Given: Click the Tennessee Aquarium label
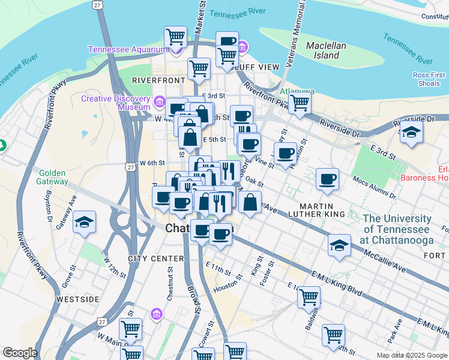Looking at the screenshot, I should [x=128, y=49].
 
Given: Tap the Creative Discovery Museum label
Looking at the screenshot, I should [x=115, y=103].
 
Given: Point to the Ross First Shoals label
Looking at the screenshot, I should [x=429, y=79].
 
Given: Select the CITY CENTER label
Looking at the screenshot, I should [x=155, y=259].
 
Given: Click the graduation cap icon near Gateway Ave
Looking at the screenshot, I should [x=85, y=222].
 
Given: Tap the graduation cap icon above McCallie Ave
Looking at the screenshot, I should [x=339, y=245].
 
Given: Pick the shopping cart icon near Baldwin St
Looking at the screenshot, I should [x=309, y=296].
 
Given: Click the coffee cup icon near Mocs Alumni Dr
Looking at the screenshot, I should [x=327, y=179].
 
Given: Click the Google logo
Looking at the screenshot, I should [x=20, y=353].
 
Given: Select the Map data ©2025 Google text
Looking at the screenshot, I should [x=412, y=355].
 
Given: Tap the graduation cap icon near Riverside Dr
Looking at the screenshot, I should [x=411, y=132].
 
